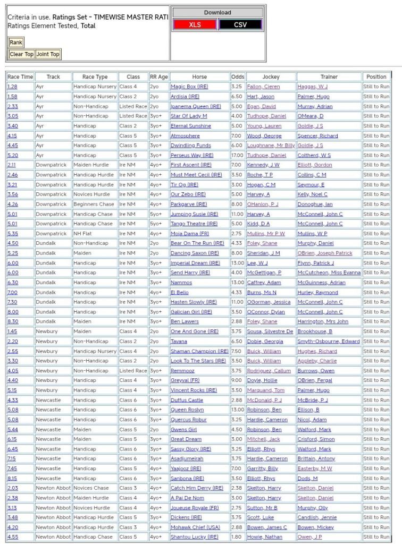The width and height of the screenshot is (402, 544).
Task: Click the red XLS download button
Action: point(195,24)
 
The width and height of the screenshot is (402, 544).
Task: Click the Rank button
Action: point(16,42)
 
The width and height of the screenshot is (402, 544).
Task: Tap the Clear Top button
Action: point(21,54)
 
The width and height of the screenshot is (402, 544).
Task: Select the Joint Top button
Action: point(48,54)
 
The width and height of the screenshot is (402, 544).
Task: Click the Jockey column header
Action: point(271,76)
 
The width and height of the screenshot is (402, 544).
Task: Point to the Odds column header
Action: point(238,76)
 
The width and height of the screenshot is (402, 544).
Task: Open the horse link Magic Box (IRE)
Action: point(189,87)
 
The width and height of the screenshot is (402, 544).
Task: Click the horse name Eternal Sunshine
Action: point(190,126)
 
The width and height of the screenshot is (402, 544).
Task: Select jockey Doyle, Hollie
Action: point(261,380)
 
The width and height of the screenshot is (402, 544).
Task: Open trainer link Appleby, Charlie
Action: point(317,361)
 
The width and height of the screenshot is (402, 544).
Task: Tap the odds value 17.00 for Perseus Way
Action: point(237,155)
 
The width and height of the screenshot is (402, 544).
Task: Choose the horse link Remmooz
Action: point(182,371)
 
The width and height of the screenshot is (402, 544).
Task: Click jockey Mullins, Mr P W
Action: point(266,234)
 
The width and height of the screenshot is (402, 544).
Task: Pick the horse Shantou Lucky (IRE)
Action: point(194,537)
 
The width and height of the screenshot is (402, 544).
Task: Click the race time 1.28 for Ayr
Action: point(12,87)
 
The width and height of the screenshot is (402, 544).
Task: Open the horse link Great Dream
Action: point(186,439)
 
